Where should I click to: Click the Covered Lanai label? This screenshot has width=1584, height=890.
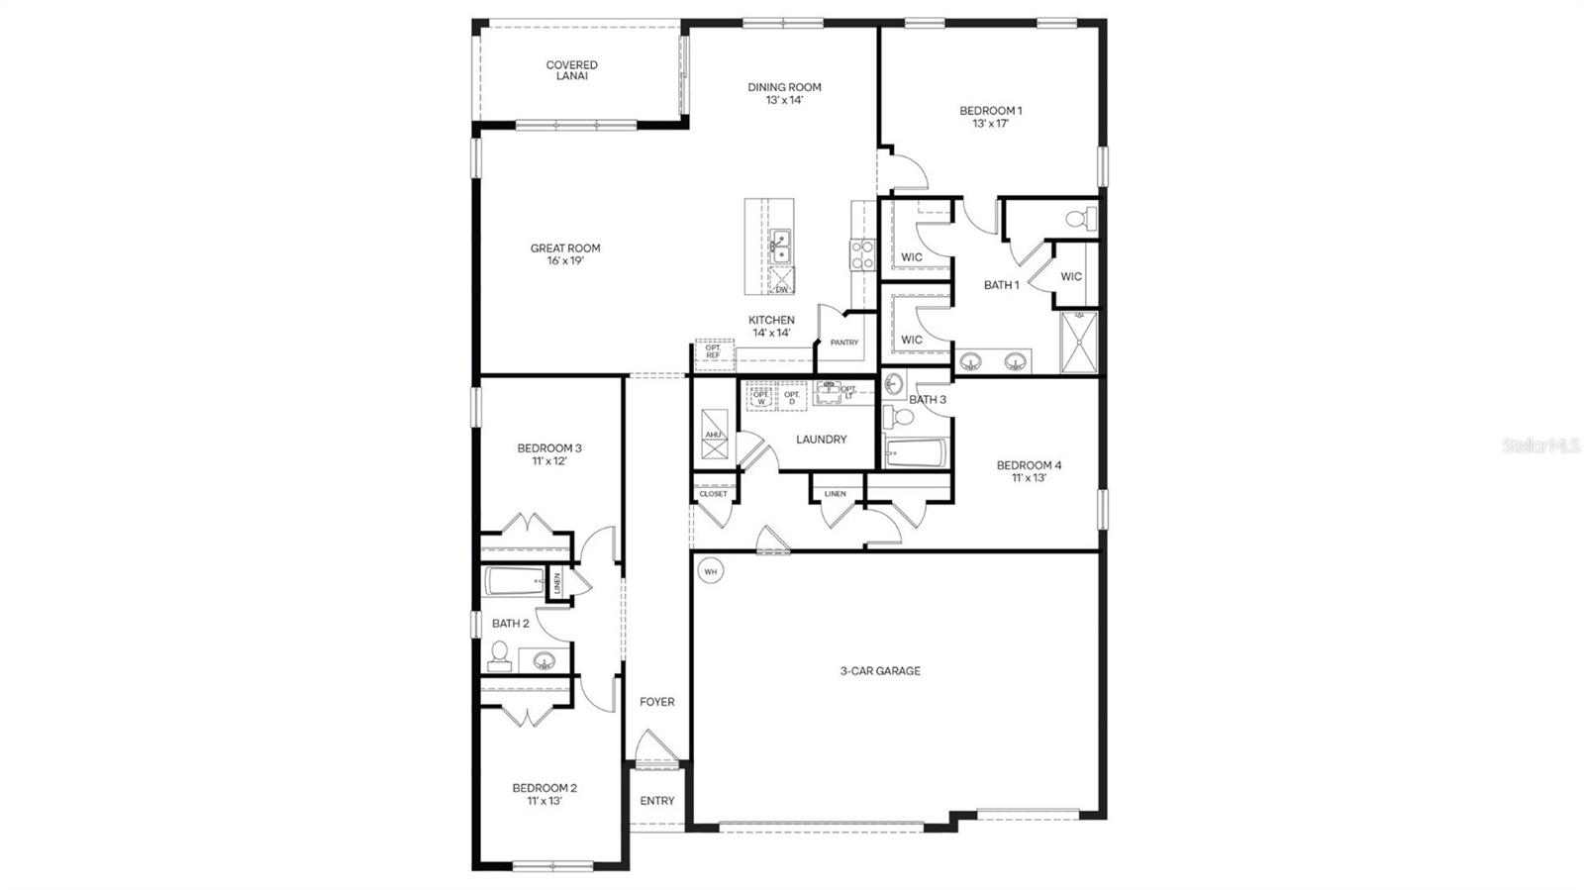tap(571, 70)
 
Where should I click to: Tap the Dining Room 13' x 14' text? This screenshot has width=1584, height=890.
tap(784, 93)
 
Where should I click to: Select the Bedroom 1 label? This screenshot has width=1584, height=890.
tap(990, 117)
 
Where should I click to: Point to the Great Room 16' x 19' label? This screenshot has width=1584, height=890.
tap(564, 254)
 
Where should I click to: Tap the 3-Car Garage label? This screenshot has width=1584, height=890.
tap(880, 671)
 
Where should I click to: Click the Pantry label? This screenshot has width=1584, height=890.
tap(843, 343)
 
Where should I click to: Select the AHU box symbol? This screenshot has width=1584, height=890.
tap(714, 434)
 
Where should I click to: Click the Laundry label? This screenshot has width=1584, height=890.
tap(822, 440)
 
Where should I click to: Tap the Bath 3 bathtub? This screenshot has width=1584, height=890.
tap(915, 453)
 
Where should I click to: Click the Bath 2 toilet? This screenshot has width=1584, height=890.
tap(500, 655)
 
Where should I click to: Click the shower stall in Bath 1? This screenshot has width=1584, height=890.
tap(1079, 343)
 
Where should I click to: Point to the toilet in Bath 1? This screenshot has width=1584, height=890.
tap(1078, 217)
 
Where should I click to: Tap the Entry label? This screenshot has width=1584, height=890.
tap(656, 801)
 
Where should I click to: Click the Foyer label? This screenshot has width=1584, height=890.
tap(656, 702)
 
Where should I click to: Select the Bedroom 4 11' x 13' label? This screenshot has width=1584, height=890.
tap(1029, 471)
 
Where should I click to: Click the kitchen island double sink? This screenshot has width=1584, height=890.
tap(781, 246)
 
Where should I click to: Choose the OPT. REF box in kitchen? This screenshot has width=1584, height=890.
tap(713, 351)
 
